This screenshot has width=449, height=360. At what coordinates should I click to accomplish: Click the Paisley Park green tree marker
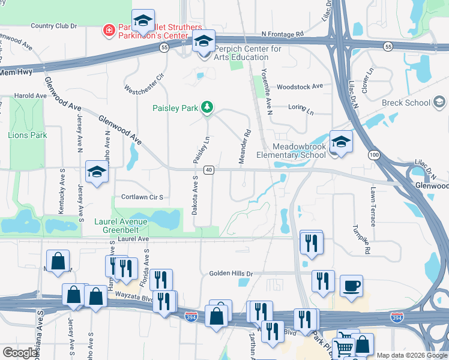click(207, 107)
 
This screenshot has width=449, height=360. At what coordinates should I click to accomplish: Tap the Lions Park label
click(27, 135)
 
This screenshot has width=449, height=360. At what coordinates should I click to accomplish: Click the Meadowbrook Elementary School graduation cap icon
click(341, 142)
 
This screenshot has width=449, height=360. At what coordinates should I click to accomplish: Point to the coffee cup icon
click(351, 286)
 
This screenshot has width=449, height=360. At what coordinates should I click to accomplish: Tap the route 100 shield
click(375, 155)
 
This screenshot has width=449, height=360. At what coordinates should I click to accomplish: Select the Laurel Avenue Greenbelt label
click(121, 225)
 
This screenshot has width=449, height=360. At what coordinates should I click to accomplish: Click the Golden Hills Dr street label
click(231, 274)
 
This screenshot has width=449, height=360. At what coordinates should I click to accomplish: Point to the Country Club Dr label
click(54, 26)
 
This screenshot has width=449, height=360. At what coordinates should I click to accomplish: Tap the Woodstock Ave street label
click(300, 86)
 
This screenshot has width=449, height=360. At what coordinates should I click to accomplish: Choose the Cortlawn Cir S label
click(142, 197)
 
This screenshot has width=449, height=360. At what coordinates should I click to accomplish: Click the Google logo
click(20, 353)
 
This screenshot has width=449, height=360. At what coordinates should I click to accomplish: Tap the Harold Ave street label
click(30, 95)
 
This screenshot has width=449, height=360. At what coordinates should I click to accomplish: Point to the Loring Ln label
click(301, 112)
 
